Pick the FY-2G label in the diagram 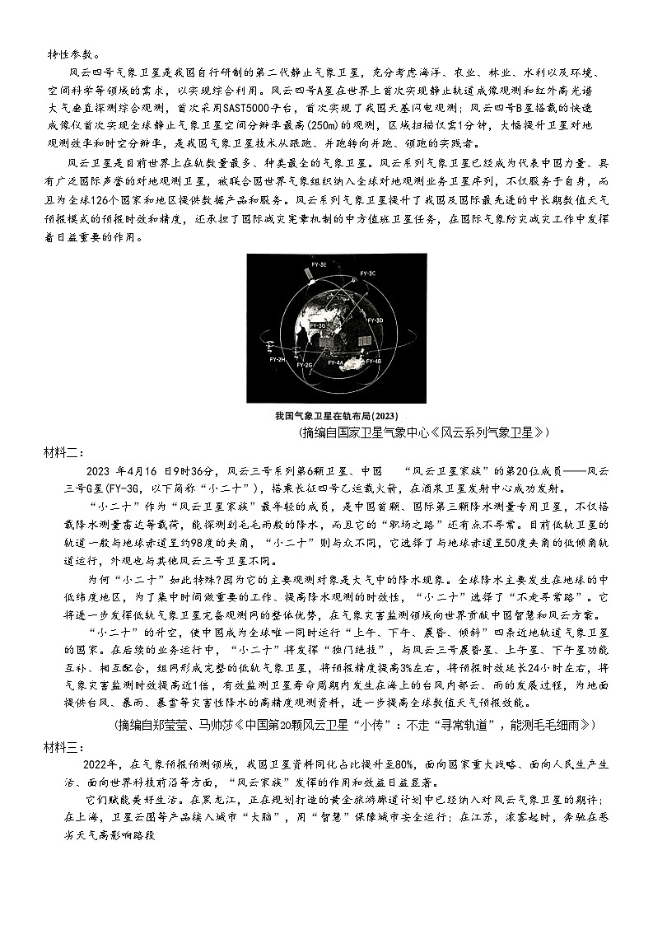304,363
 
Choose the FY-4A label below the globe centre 335,362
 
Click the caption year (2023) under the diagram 383,417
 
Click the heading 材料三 63,746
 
